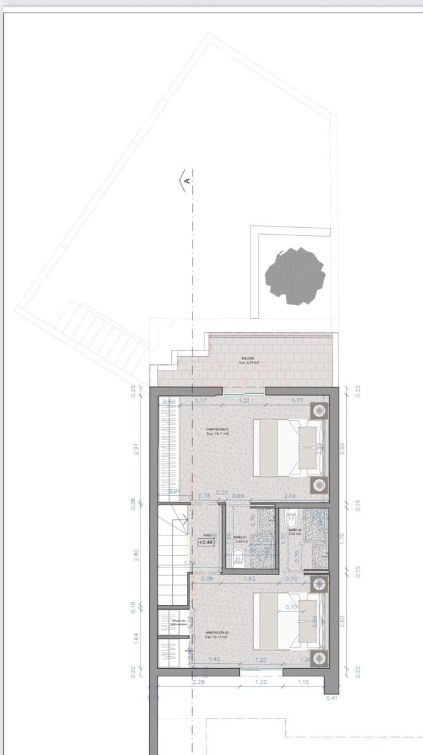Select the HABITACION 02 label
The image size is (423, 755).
click(217, 634)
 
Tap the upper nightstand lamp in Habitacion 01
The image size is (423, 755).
click(319, 411)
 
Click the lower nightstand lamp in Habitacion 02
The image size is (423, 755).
click(319, 659)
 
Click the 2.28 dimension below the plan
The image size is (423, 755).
click(198, 681)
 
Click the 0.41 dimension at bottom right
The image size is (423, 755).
click(332, 697)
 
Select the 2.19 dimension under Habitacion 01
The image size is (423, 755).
click(290, 496)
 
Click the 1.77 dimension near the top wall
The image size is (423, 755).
click(298, 400)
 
